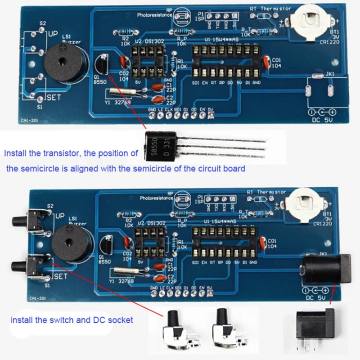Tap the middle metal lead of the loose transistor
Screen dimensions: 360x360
220,147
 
